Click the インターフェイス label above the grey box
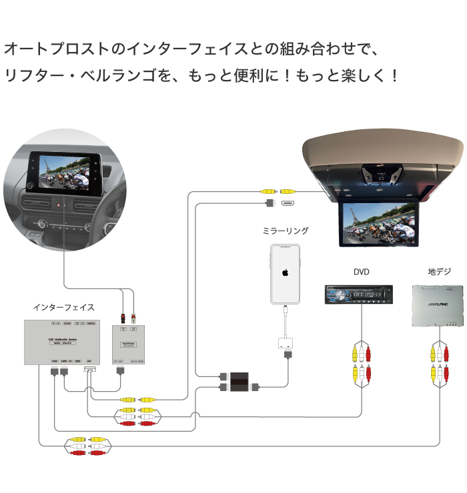click(x=63, y=307)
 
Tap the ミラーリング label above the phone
click(x=285, y=231)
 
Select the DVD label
click(x=361, y=272)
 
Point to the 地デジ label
click(x=439, y=272)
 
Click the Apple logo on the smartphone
click(x=285, y=273)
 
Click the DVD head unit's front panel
click(x=358, y=294)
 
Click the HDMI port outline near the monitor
click(x=288, y=203)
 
